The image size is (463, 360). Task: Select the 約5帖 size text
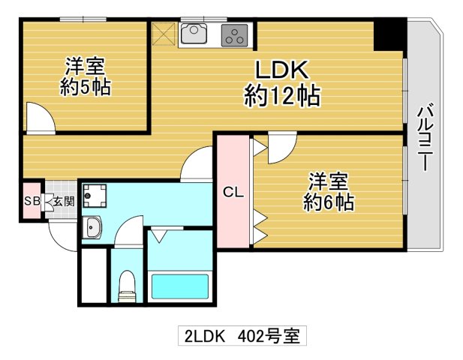(x=85, y=88)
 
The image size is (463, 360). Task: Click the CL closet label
(x=233, y=192)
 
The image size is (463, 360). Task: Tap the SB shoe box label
(x=32, y=201)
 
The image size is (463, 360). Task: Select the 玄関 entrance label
(x=63, y=201)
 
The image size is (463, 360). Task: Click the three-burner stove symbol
(x=236, y=34)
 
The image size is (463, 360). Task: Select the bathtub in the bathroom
(x=180, y=287)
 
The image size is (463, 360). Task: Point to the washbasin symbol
(x=94, y=226)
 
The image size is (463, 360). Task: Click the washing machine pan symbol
(x=95, y=196)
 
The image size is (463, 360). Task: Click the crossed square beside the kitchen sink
(x=164, y=34)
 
